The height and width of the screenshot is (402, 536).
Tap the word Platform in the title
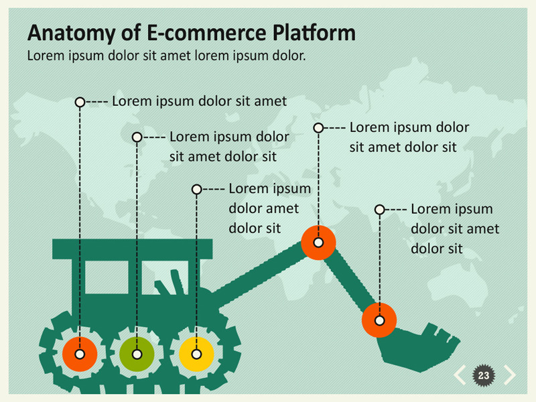click(314, 33)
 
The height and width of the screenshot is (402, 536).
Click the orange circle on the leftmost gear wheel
click(80, 354)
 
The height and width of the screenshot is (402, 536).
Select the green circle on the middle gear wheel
click(137, 354)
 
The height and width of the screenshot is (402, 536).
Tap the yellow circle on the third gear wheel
click(196, 354)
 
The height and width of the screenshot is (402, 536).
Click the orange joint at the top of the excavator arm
click(318, 243)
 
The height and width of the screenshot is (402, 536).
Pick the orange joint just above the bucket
click(379, 320)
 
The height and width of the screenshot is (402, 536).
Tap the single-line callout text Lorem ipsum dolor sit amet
click(199, 102)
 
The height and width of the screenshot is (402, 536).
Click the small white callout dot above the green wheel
click(137, 137)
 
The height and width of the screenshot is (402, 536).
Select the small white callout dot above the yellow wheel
click(196, 190)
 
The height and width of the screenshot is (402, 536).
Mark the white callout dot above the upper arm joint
click(318, 127)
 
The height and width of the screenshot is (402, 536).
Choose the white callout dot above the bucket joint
click(379, 210)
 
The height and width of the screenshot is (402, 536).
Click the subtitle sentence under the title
click(166, 56)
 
